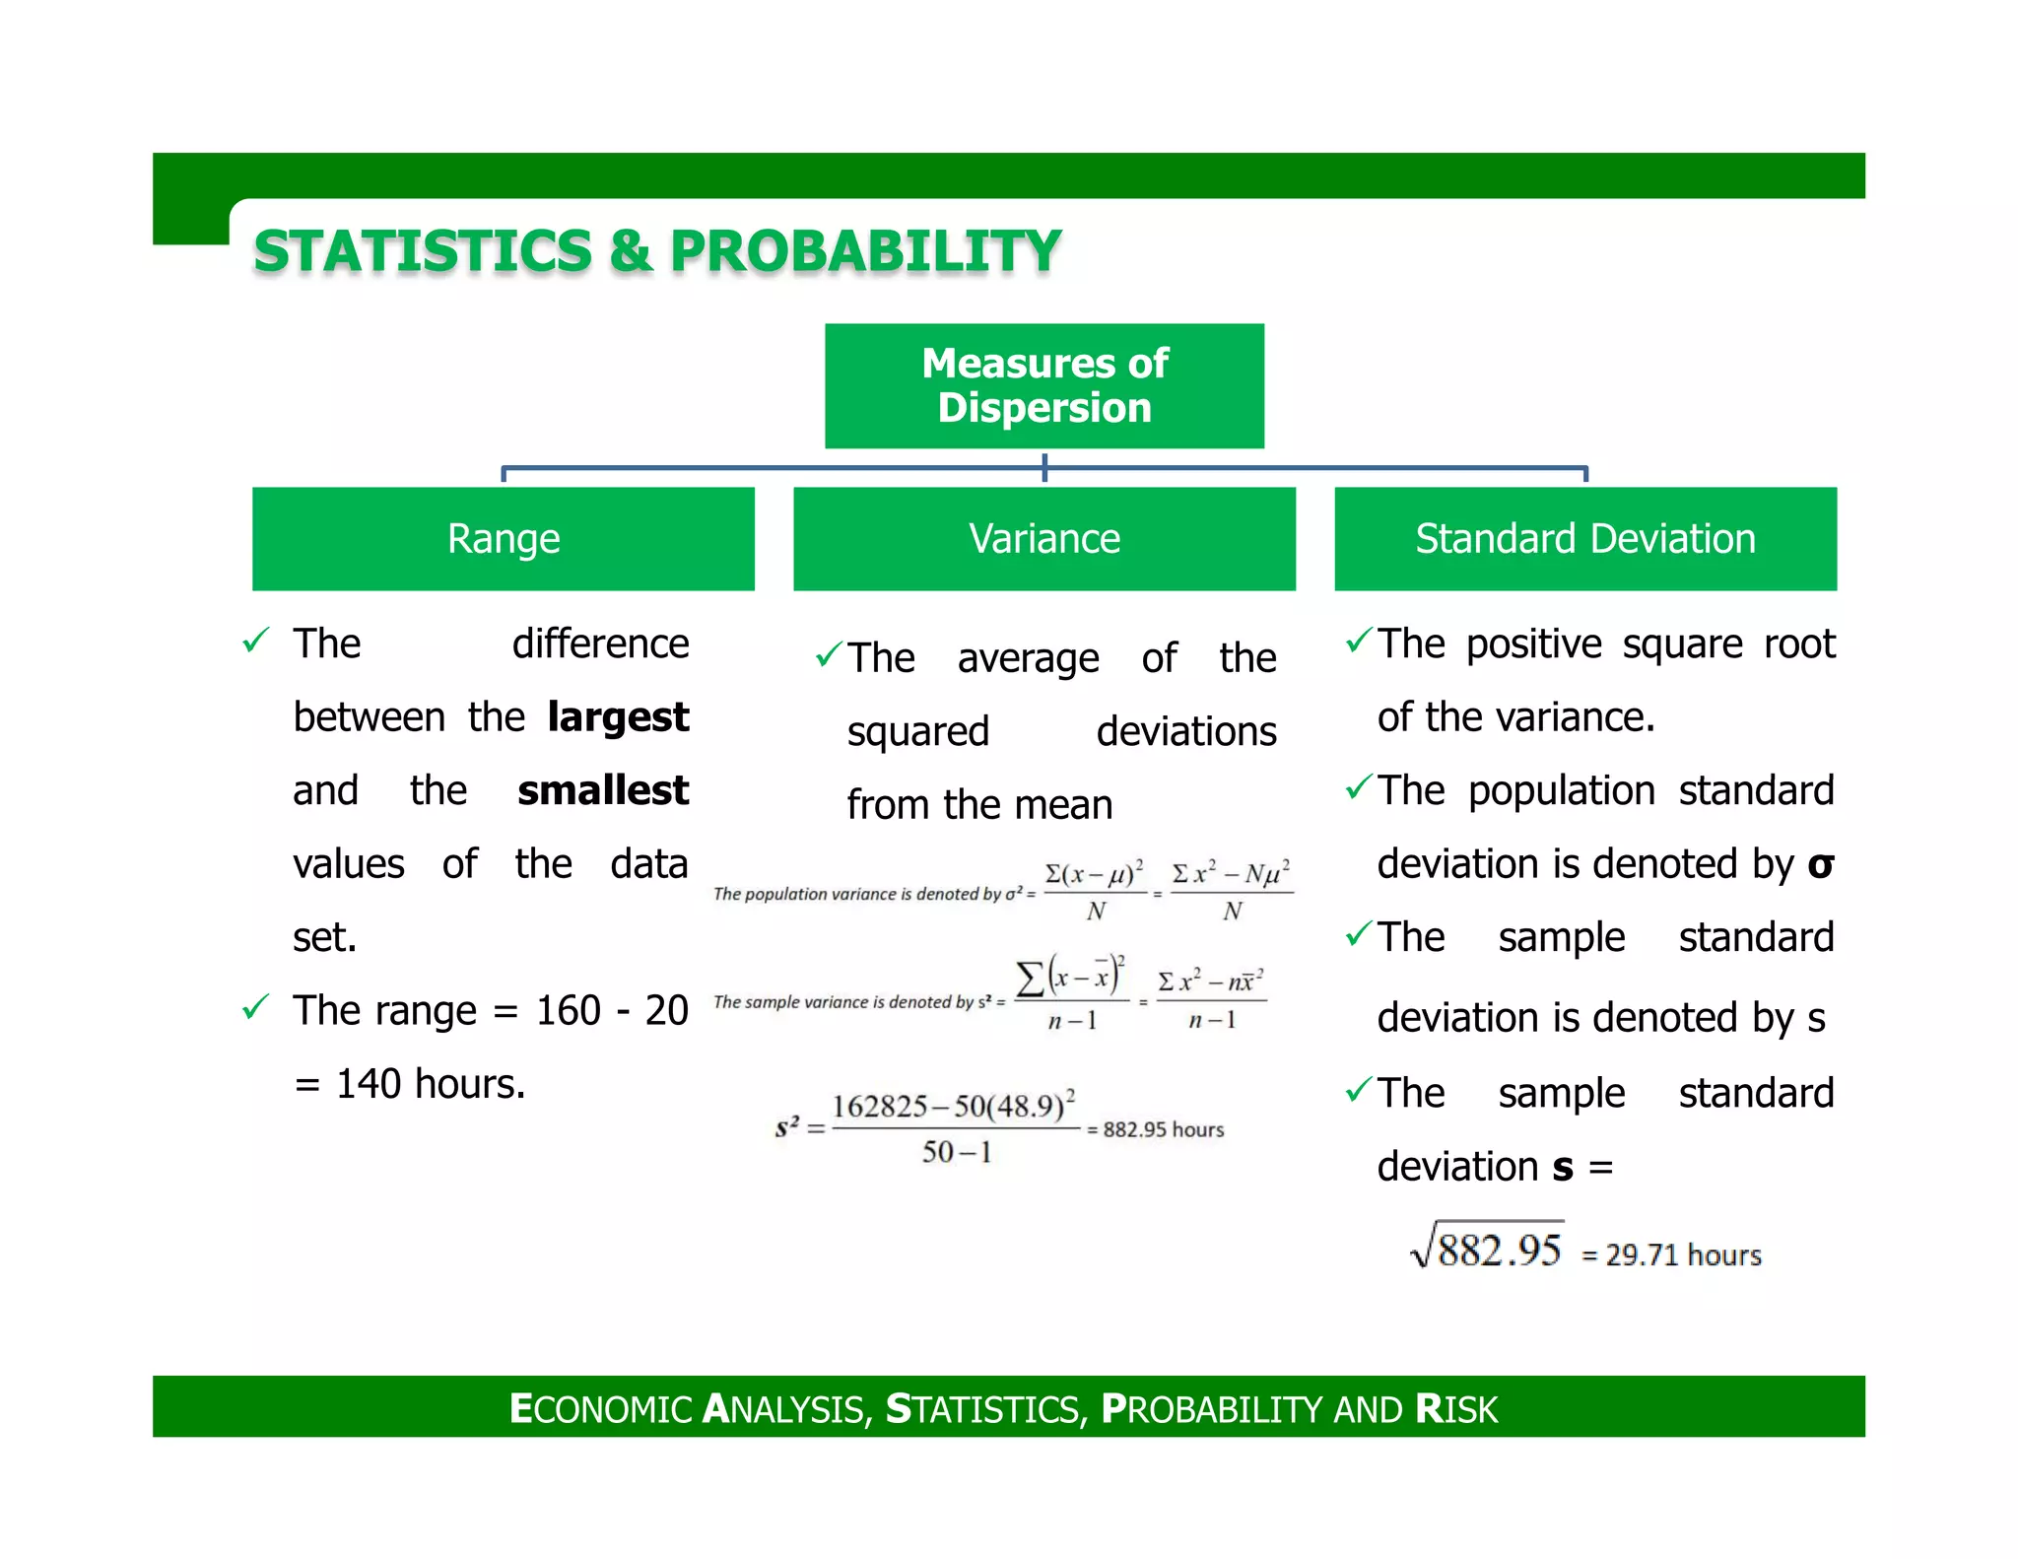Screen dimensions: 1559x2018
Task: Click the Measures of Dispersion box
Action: tap(1043, 385)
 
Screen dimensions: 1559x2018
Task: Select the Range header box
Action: tap(503, 538)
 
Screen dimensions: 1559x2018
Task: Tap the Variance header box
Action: tap(1043, 538)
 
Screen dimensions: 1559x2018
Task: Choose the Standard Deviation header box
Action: tap(1584, 538)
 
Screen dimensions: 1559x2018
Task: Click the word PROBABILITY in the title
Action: tap(865, 250)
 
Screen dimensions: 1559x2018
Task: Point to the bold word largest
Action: tap(618, 716)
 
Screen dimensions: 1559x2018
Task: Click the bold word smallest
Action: tap(603, 790)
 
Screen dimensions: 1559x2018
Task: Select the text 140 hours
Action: tap(431, 1084)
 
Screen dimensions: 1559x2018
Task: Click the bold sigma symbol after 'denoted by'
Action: tap(1820, 864)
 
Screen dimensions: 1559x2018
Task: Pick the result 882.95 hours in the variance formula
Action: tap(1163, 1129)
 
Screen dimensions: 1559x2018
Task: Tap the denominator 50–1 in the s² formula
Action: tap(956, 1151)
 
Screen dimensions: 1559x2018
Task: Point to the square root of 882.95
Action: tap(1488, 1248)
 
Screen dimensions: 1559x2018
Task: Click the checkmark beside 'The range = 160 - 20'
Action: tap(255, 1007)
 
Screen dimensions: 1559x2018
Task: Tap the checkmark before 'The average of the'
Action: tap(828, 654)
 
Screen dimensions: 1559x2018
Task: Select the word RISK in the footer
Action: tap(1456, 1409)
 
